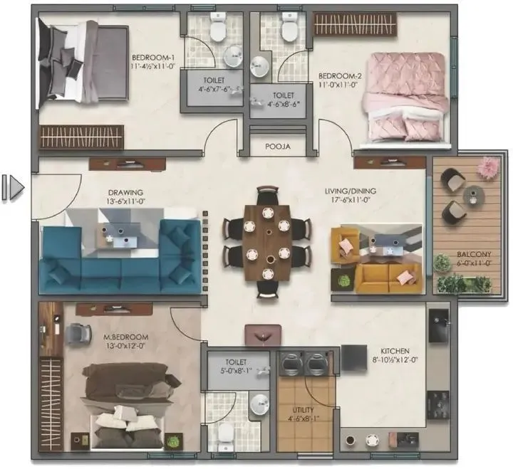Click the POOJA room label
coord(278,148)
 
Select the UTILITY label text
coord(303,410)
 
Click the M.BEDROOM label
coord(125,337)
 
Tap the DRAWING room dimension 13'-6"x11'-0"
coord(125,202)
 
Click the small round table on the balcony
coord(471,194)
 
